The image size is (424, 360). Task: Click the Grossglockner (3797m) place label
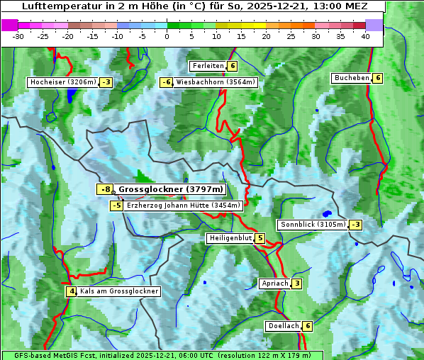click(x=170, y=189)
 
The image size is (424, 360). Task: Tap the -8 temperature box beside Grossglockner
click(x=105, y=189)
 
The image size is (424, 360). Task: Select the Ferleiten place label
click(x=208, y=66)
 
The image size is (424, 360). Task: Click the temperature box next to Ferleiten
click(x=233, y=66)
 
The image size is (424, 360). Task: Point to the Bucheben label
click(x=352, y=78)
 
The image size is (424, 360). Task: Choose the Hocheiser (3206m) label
click(x=62, y=82)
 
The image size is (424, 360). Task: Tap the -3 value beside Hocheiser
click(x=106, y=82)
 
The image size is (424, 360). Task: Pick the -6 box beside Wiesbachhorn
click(x=167, y=82)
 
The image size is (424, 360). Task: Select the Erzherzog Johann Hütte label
click(x=184, y=206)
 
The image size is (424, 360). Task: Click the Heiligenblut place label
click(x=230, y=238)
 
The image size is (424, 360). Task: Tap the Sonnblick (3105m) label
click(x=313, y=225)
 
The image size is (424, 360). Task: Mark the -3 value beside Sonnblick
click(x=355, y=225)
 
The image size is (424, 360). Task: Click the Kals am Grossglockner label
click(x=118, y=291)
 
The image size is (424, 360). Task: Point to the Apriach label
click(x=275, y=283)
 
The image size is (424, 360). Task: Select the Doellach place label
click(x=283, y=326)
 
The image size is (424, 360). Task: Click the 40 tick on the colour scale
click(x=365, y=36)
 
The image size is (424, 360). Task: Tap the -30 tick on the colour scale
click(x=18, y=36)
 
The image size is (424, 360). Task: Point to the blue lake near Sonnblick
click(x=327, y=213)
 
